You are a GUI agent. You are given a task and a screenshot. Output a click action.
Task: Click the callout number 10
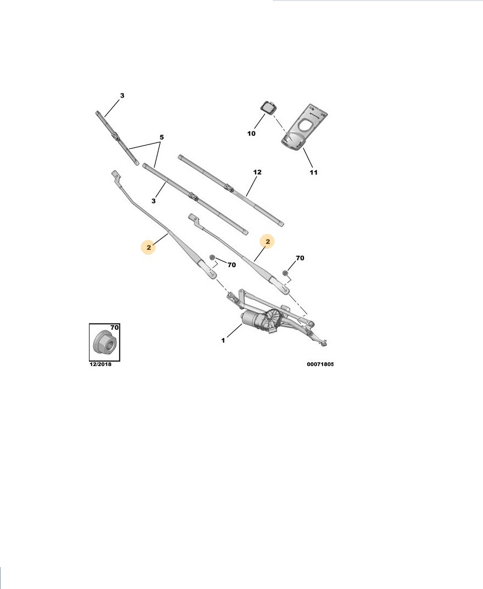[251, 134]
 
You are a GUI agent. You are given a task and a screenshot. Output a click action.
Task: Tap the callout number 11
[313, 172]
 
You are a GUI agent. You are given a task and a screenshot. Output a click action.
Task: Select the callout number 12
[257, 172]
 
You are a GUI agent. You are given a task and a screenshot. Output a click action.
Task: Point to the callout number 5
[162, 137]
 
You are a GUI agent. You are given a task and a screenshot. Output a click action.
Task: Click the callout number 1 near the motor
[223, 340]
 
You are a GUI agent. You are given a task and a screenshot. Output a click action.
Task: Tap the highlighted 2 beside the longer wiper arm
[149, 248]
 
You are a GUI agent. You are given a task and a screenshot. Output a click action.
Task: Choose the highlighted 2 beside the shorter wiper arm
[267, 242]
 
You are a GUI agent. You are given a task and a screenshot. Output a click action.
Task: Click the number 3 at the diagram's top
[122, 95]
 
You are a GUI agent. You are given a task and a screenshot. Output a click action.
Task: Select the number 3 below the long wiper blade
[153, 201]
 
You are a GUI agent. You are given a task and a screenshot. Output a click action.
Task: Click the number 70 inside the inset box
[114, 328]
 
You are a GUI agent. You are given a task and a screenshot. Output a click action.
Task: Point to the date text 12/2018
[100, 364]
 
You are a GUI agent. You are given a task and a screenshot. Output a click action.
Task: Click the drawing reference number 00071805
[320, 364]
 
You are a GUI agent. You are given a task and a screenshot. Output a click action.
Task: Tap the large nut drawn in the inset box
[104, 342]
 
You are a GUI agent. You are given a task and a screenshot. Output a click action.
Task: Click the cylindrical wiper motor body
[252, 319]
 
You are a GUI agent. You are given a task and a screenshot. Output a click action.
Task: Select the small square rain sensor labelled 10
[267, 107]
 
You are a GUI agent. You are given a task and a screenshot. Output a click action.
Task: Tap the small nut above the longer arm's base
[212, 257]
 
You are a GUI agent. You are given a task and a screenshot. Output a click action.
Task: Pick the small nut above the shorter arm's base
[285, 272]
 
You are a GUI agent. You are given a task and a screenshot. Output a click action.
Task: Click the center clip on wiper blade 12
[229, 187]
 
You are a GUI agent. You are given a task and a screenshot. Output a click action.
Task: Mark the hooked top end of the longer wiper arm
[116, 175]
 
